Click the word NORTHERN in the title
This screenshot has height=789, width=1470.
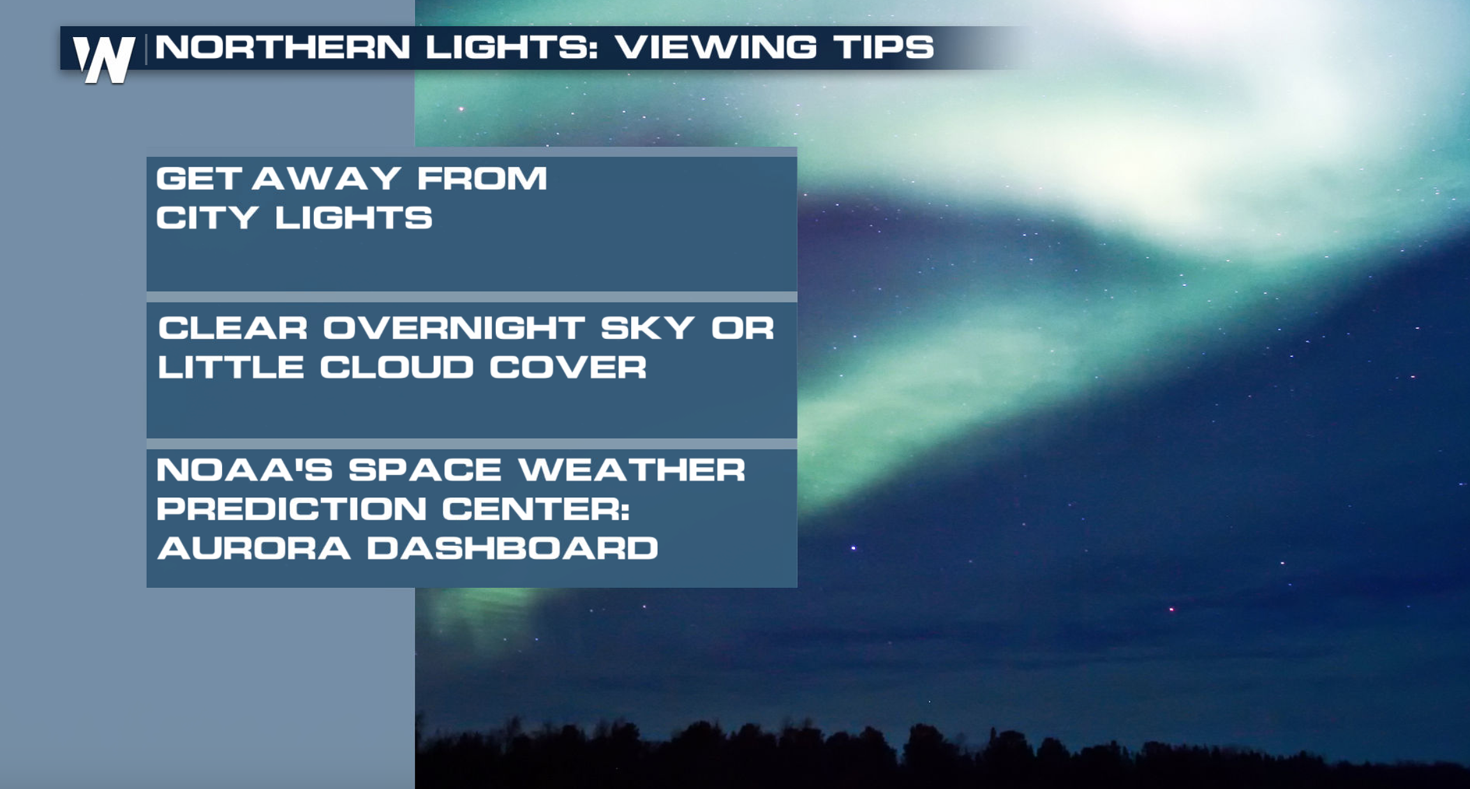point(283,47)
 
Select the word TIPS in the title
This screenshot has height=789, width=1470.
point(884,47)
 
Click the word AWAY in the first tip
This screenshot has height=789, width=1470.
point(326,178)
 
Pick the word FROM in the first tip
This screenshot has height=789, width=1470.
point(482,178)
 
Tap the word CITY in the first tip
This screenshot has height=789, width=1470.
point(207,218)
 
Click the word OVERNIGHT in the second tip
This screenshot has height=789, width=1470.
point(454,328)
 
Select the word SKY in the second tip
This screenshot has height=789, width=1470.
point(647,328)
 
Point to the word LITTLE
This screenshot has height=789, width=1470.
point(230,367)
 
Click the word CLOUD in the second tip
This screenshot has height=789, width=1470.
point(396,367)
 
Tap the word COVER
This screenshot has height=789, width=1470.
point(568,367)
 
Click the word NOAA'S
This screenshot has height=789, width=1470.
point(244,470)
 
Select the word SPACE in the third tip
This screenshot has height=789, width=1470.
point(425,470)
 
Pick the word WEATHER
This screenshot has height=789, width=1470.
point(632,470)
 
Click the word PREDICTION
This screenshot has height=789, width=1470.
point(292,509)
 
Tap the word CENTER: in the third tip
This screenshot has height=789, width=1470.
point(536,509)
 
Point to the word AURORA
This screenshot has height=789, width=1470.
point(254,548)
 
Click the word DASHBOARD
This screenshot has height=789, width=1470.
point(512,548)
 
